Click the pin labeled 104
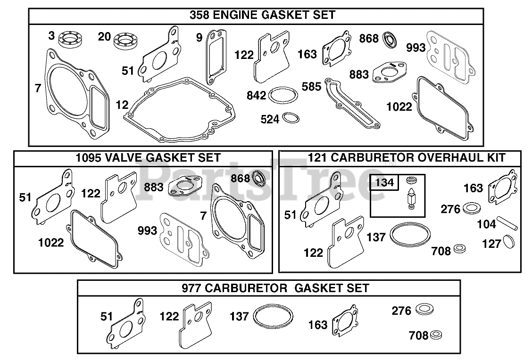507,222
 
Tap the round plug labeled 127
508,242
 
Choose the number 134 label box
384,182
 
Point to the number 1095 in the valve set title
89,158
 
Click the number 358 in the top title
200,15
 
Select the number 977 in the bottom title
192,288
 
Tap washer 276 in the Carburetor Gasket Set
424,309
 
